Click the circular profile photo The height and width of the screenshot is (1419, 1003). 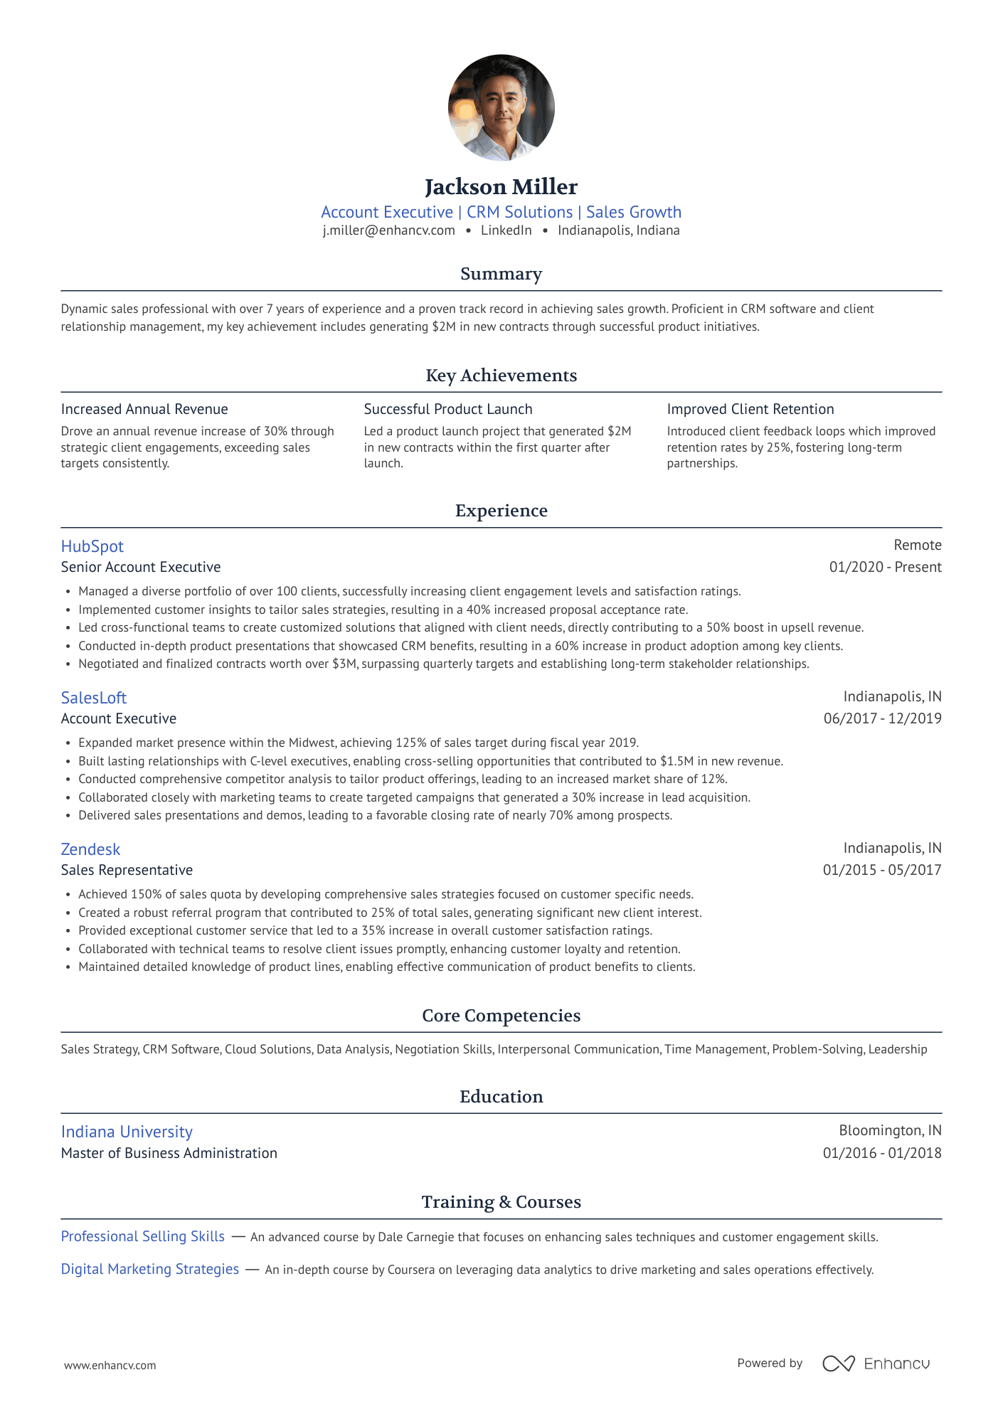pos(501,107)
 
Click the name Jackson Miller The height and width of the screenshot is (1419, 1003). pos(501,187)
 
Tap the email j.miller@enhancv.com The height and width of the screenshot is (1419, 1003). pos(388,230)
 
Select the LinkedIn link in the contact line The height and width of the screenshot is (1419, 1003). pos(506,230)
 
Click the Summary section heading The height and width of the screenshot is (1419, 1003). pos(501,274)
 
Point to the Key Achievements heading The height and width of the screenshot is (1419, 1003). pos(501,376)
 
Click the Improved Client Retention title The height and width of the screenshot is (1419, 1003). pos(750,409)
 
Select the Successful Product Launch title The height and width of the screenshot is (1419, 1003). pos(447,409)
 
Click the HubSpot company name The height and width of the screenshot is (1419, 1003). pos(92,546)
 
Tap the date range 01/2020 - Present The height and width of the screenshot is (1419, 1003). pos(885,567)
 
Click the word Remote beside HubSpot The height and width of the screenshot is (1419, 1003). pos(917,545)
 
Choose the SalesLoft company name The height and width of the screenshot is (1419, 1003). pos(93,698)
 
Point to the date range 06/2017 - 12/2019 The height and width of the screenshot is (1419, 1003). pos(882,718)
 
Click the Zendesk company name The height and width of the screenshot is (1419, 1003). pos(90,849)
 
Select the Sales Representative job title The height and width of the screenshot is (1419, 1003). pos(127,870)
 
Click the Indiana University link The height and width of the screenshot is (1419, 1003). pos(127,1132)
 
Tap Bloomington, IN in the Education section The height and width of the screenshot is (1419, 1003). pos(890,1130)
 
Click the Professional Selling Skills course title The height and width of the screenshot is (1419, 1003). pos(142,1236)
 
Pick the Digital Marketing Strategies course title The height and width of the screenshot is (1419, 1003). pos(149,1269)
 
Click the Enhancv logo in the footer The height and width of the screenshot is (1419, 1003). pos(876,1364)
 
